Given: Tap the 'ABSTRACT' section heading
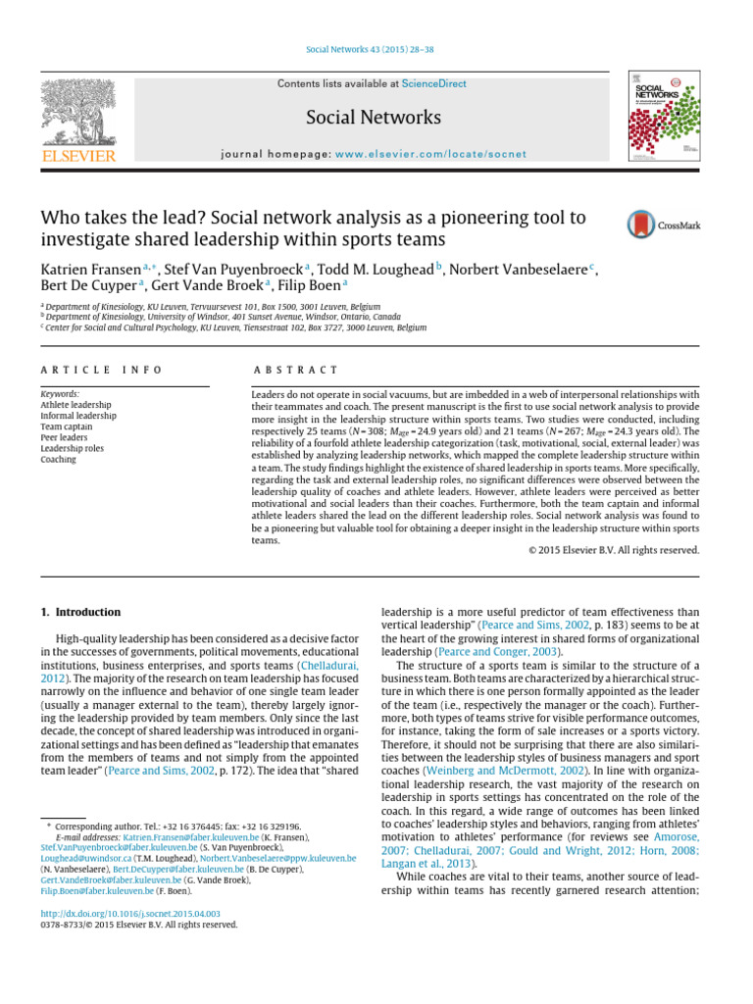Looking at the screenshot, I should tap(295, 370).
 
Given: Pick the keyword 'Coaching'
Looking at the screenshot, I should tap(59, 459).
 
